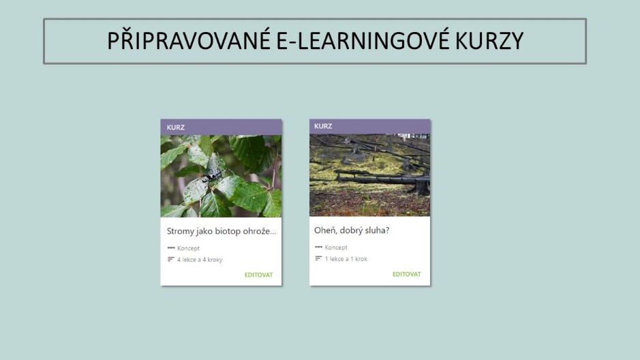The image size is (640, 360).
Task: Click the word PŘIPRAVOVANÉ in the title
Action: pyautogui.click(x=189, y=41)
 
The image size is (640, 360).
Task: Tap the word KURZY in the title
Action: pyautogui.click(x=489, y=41)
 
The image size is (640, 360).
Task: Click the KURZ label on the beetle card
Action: pyautogui.click(x=176, y=127)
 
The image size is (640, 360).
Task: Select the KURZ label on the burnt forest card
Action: pyautogui.click(x=323, y=126)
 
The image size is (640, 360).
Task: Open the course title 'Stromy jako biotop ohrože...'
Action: pyautogui.click(x=222, y=231)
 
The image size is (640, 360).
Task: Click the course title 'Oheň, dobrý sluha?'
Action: pyautogui.click(x=352, y=230)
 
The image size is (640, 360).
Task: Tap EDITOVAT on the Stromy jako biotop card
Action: pyautogui.click(x=258, y=275)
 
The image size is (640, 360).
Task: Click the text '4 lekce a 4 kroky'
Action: pyautogui.click(x=200, y=260)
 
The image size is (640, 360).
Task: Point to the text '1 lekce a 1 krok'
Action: pyautogui.click(x=346, y=259)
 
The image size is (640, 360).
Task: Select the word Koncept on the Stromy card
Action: pyautogui.click(x=188, y=248)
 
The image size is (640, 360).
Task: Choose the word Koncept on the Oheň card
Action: pyautogui.click(x=336, y=247)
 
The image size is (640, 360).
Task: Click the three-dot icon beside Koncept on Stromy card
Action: pyautogui.click(x=171, y=247)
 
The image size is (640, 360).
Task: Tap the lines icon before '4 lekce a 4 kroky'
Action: pyautogui.click(x=171, y=259)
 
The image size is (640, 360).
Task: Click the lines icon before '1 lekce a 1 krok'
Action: pyautogui.click(x=318, y=258)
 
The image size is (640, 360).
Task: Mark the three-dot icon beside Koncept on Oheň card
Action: pyautogui.click(x=318, y=247)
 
